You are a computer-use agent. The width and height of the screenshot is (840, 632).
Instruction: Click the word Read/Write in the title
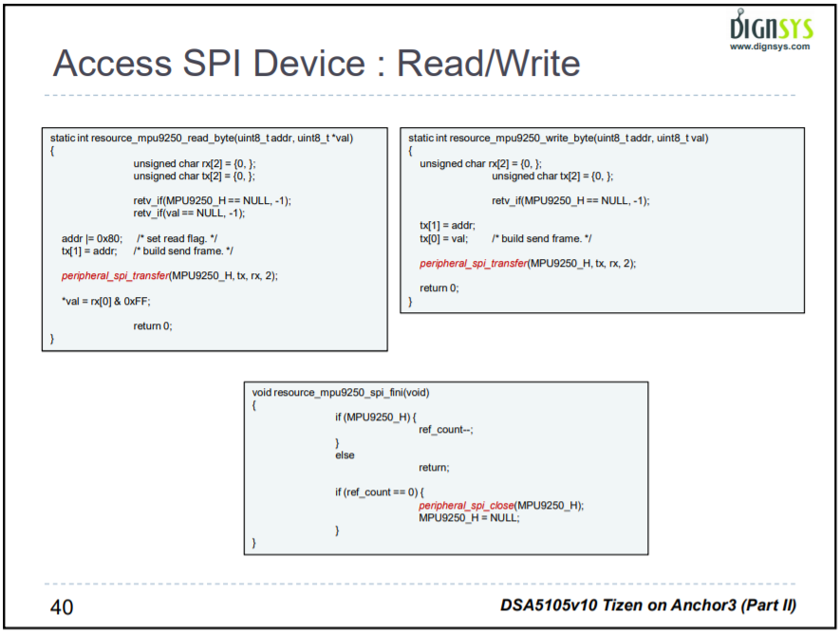(489, 64)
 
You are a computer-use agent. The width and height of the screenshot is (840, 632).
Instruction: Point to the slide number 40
(62, 606)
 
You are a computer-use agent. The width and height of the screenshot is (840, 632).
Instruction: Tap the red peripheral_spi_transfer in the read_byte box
(115, 275)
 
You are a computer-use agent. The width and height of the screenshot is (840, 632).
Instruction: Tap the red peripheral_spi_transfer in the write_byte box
(473, 263)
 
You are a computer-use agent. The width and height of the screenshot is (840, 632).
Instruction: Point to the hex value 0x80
(110, 238)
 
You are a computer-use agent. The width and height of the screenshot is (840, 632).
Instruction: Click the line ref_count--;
(445, 430)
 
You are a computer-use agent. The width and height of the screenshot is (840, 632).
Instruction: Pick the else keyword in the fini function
(345, 455)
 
